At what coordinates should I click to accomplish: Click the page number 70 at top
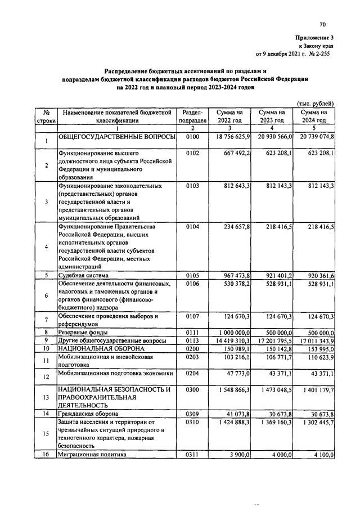click(322, 24)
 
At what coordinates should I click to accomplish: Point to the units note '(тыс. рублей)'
click(316, 104)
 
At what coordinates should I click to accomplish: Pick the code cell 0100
click(192, 137)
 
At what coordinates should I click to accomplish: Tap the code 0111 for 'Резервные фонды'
click(192, 333)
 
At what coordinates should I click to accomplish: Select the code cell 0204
click(192, 373)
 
